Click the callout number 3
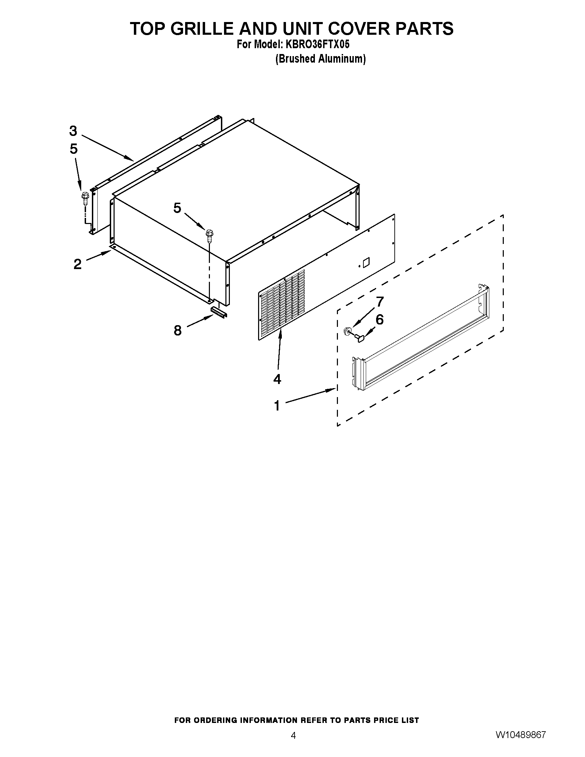click(x=73, y=131)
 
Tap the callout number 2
click(x=77, y=264)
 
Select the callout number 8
click(x=178, y=331)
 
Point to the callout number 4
click(x=277, y=379)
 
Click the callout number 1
click(x=277, y=405)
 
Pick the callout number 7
click(x=380, y=302)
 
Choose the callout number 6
click(x=380, y=320)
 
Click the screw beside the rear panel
click(x=84, y=198)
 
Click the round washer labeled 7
click(x=346, y=331)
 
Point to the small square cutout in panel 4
click(x=365, y=262)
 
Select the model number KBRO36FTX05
click(x=317, y=45)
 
